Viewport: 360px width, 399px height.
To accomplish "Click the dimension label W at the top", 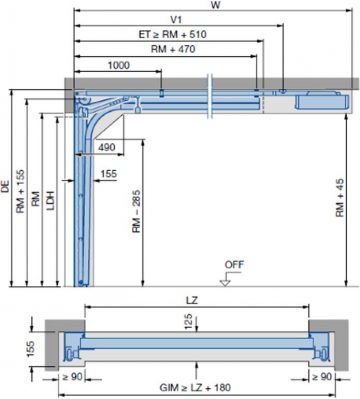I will [214, 6].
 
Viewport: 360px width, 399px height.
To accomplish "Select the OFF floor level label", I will [234, 266].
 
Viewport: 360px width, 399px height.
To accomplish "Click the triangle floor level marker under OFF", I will [226, 280].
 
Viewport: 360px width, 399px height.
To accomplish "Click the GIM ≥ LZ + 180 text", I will [199, 385].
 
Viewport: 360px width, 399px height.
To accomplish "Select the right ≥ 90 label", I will [321, 378].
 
